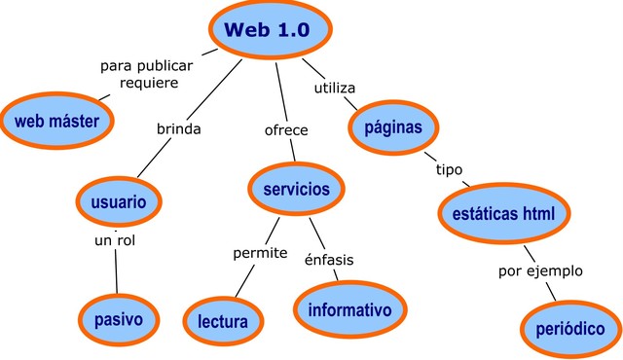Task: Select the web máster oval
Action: pyautogui.click(x=57, y=120)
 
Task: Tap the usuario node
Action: pyautogui.click(x=119, y=202)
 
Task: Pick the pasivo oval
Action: pyautogui.click(x=119, y=318)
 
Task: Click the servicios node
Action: pyautogui.click(x=296, y=189)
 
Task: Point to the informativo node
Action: pyautogui.click(x=349, y=309)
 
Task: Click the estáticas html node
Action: pyautogui.click(x=503, y=213)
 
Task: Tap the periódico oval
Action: pyautogui.click(x=569, y=329)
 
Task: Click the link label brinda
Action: pyautogui.click(x=179, y=128)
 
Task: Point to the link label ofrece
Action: pyautogui.click(x=286, y=130)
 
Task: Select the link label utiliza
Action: pyautogui.click(x=334, y=89)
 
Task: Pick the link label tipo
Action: pyautogui.click(x=449, y=169)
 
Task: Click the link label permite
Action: pyautogui.click(x=260, y=253)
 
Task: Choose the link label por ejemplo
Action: pyautogui.click(x=539, y=270)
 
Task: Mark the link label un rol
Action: pyautogui.click(x=114, y=239)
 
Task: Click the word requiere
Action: pyautogui.click(x=149, y=83)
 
